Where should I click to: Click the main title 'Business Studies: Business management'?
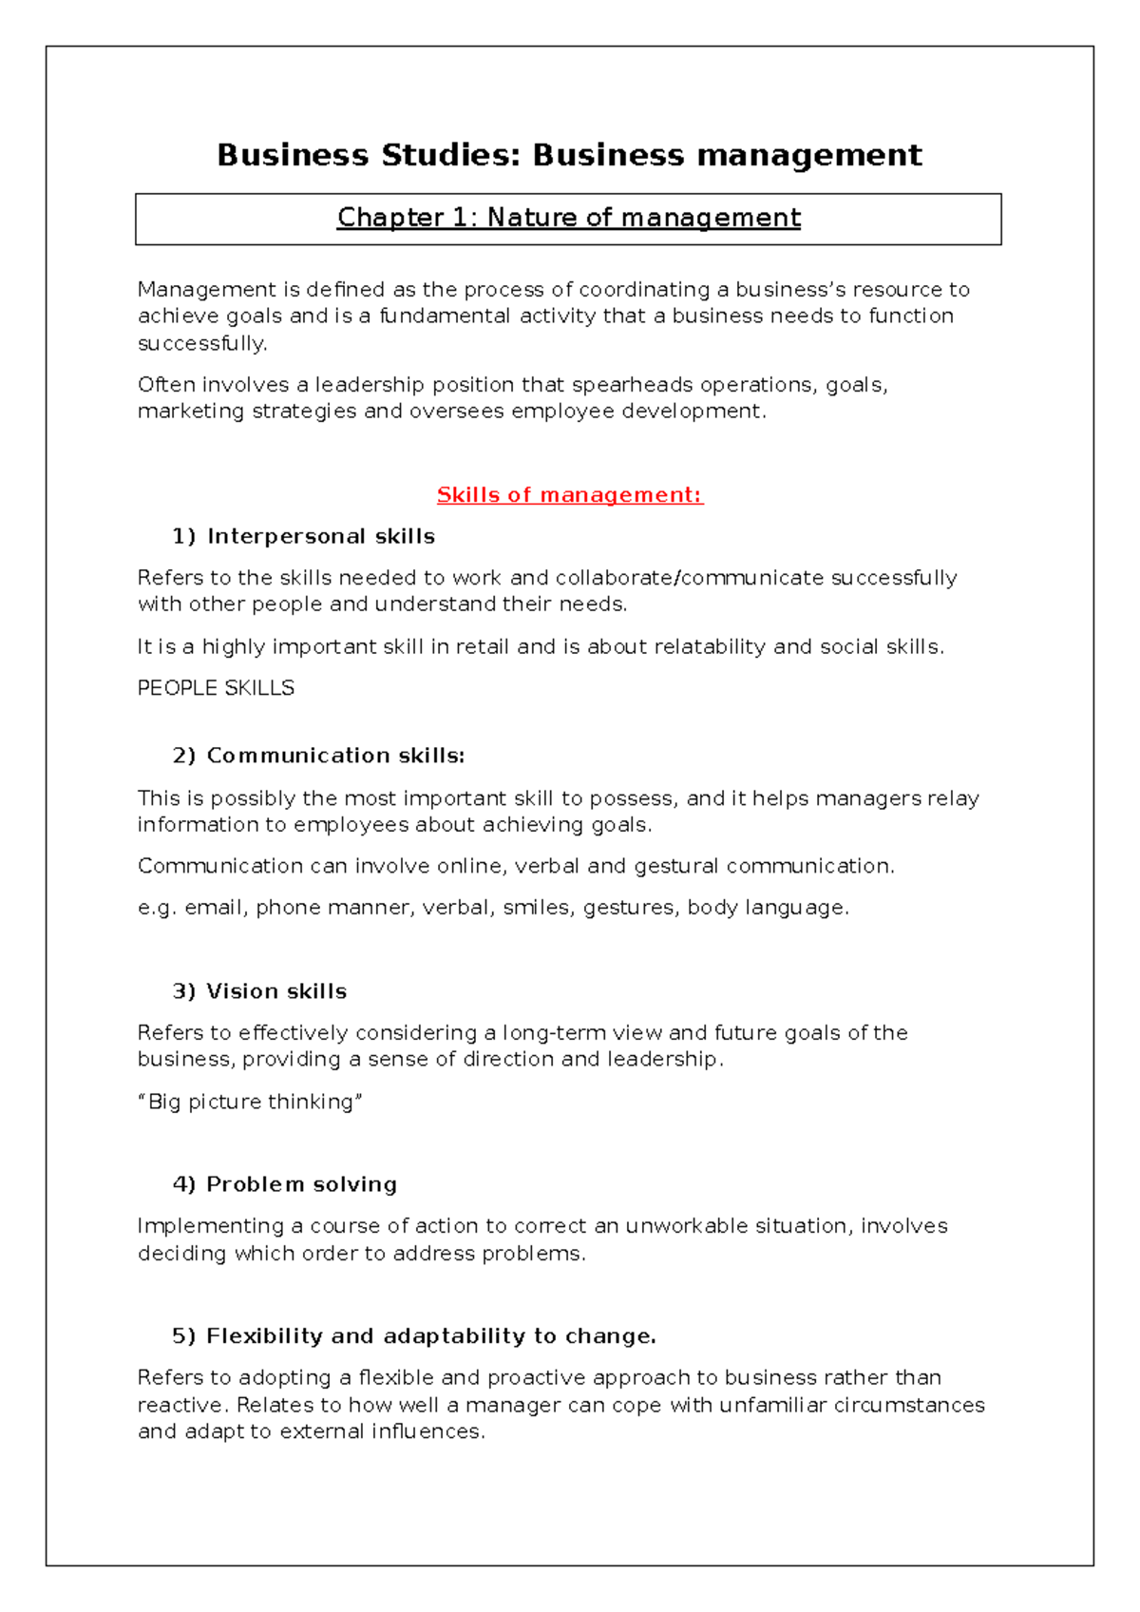click(569, 155)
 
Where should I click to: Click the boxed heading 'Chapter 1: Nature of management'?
click(568, 218)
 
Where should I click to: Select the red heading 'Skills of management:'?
click(569, 495)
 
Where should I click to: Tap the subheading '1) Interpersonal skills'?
click(303, 536)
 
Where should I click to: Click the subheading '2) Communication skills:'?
click(318, 756)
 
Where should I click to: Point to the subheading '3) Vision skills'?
click(259, 991)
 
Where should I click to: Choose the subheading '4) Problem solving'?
click(284, 1184)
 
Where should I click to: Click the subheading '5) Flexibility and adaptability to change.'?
click(413, 1336)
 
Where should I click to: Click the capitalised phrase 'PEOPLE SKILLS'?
click(216, 688)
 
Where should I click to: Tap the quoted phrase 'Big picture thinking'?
click(251, 1102)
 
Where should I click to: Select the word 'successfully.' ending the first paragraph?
click(202, 343)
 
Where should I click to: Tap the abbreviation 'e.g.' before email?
click(157, 908)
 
